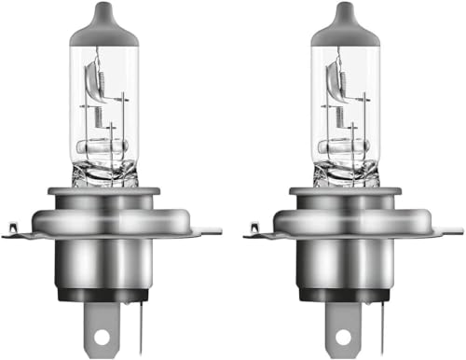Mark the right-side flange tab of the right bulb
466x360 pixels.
click(x=450, y=227)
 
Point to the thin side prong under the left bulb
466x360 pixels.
click(x=140, y=322)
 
